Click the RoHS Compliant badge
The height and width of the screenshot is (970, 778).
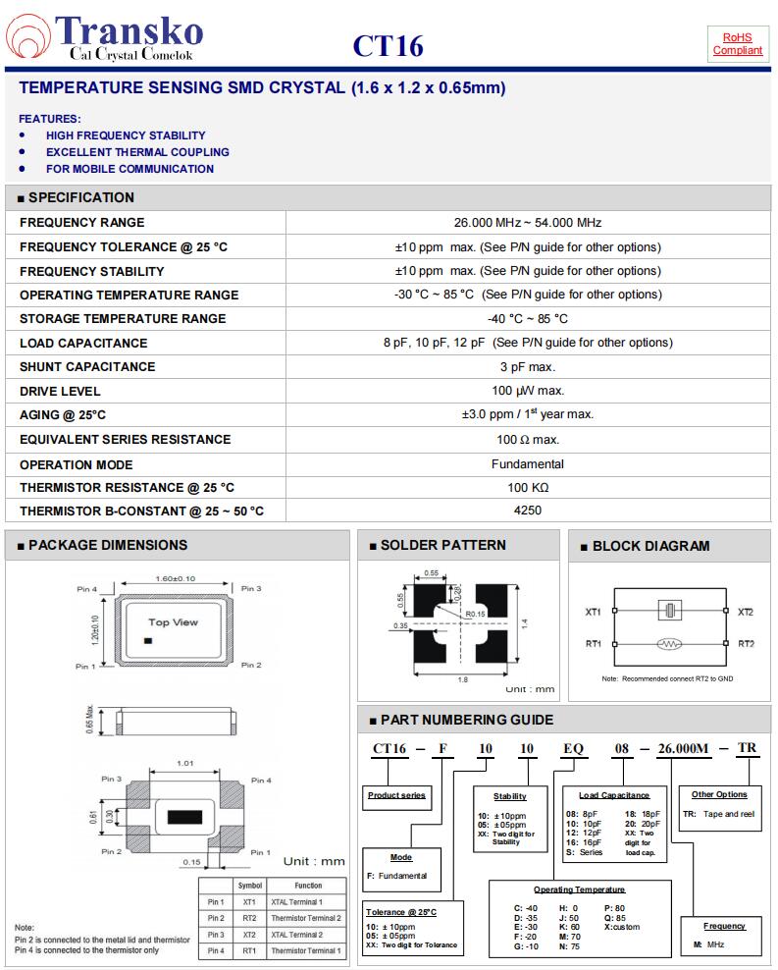pos(737,43)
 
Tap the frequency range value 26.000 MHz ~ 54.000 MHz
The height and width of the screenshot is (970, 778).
pos(527,223)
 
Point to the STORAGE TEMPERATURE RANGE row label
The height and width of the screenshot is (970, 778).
pos(123,319)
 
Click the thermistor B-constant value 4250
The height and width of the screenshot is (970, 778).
pos(527,511)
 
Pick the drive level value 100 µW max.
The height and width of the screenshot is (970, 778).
pos(527,391)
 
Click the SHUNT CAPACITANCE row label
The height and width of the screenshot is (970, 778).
pos(87,367)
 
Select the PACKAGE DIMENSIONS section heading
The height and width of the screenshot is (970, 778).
pos(107,545)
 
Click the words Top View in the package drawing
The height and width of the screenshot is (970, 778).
pos(173,622)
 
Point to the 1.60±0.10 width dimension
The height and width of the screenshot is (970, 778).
pos(176,578)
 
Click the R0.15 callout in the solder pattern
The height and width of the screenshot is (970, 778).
pos(477,614)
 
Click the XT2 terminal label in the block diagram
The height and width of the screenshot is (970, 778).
pos(746,612)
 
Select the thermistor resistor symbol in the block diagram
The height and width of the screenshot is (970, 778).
pos(670,644)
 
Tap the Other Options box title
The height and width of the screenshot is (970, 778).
pos(718,794)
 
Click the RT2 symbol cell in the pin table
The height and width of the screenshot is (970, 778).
pos(249,918)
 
